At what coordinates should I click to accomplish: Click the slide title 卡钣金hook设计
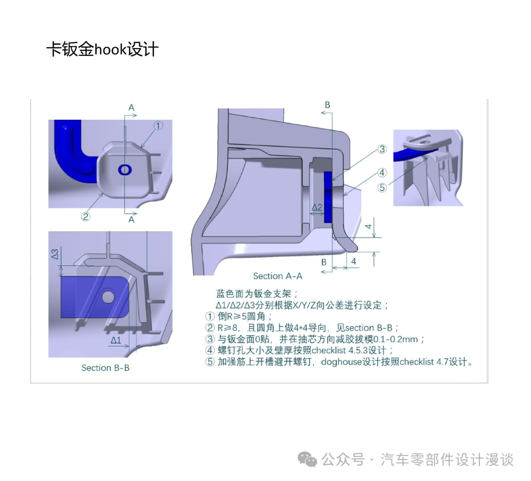[x=102, y=50]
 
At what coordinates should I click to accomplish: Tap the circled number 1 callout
[x=158, y=126]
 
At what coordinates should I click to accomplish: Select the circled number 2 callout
[x=86, y=216]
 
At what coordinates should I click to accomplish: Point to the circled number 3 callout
[x=382, y=150]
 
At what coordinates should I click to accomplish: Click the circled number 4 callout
[x=382, y=172]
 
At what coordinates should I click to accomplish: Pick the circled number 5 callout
[x=382, y=187]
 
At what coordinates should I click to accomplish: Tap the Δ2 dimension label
[x=317, y=208]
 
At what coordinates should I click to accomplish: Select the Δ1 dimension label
[x=116, y=340]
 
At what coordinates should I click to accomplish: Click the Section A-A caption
[x=278, y=276]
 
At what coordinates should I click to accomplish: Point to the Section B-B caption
[x=105, y=368]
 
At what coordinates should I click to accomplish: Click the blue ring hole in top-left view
[x=125, y=169]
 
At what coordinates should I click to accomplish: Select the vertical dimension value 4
[x=367, y=227]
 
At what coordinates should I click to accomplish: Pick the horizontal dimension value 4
[x=353, y=261]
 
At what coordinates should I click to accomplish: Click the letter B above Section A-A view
[x=327, y=105]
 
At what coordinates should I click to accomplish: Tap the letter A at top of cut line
[x=131, y=107]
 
